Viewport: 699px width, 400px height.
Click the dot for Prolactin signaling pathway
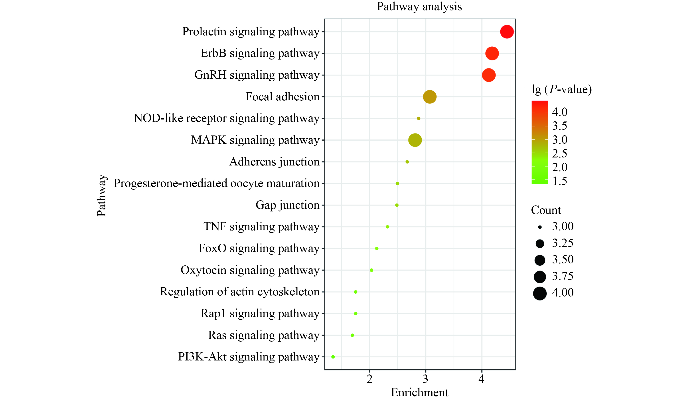coord(507,32)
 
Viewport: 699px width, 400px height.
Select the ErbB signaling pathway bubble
coord(492,53)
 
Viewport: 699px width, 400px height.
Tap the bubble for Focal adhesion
coord(430,97)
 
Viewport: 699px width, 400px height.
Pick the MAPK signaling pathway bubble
coord(415,140)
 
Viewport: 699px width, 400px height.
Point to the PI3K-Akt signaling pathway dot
coord(333,357)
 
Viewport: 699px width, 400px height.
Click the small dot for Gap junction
coord(397,205)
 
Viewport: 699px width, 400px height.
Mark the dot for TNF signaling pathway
coord(387,227)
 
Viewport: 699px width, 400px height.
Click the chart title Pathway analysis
coord(419,7)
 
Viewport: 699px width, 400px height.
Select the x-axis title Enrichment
coord(419,392)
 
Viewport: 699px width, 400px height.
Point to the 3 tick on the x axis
coord(425,379)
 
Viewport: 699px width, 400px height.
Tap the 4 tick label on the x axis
coord(481,379)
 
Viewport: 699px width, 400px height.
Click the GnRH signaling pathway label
coord(257,75)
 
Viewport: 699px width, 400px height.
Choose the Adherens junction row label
coord(274,162)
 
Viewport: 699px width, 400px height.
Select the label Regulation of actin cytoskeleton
coord(240,292)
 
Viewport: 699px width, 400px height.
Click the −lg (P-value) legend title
coord(558,90)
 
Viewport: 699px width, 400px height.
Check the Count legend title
coord(546,210)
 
